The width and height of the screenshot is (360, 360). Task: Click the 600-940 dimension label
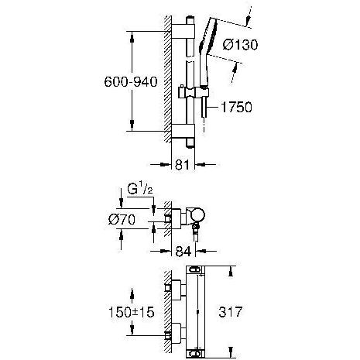[x=131, y=82]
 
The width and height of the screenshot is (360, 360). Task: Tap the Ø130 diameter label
[x=240, y=45]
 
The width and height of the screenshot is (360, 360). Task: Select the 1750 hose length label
[x=236, y=107]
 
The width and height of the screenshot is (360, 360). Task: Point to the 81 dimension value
[x=182, y=164]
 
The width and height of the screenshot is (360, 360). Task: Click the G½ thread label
[x=140, y=190]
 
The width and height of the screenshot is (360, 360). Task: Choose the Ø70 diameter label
[x=122, y=220]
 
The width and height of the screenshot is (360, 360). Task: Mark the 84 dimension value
[x=183, y=251]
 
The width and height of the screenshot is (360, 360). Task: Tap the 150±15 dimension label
[x=131, y=312]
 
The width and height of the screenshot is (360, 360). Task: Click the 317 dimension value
[x=231, y=312]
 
